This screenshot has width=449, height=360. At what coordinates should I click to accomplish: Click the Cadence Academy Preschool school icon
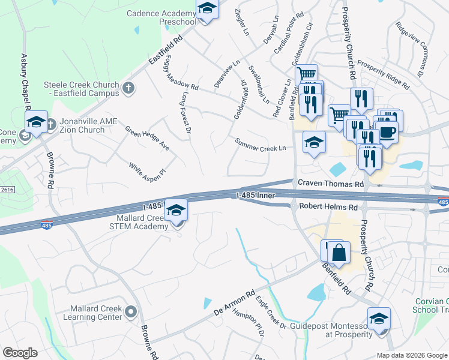pyautogui.click(x=206, y=9)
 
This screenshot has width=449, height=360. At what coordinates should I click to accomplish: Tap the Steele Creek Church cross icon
pyautogui.click(x=127, y=89)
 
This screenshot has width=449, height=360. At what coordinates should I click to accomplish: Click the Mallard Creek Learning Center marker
pyautogui.click(x=130, y=311)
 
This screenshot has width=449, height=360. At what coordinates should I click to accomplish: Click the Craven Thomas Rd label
pyautogui.click(x=330, y=184)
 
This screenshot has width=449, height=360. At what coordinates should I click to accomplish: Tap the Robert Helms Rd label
pyautogui.click(x=328, y=207)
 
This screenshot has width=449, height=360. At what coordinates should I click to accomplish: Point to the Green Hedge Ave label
pyautogui.click(x=147, y=138)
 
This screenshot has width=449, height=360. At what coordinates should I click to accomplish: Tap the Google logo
pyautogui.click(x=20, y=353)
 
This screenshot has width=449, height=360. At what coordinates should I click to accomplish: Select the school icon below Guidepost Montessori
pyautogui.click(x=379, y=319)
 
